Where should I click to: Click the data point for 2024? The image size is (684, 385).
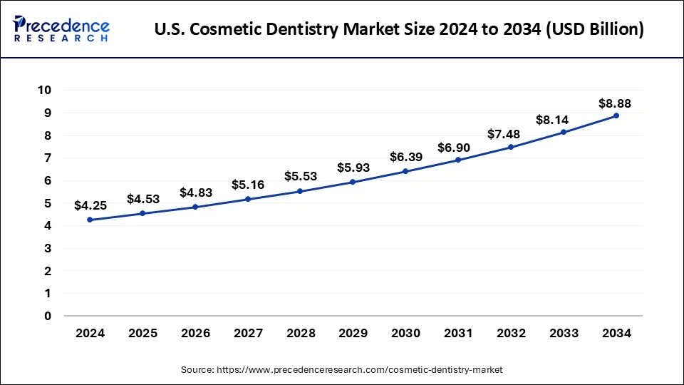89,220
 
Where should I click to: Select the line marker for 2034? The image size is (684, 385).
616,115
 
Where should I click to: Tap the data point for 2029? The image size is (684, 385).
352,182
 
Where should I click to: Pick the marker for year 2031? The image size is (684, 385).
457,160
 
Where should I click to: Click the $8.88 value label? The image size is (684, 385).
614,103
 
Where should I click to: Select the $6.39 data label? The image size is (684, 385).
405,157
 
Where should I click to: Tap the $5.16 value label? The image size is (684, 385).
247,185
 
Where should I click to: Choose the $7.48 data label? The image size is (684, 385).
510,134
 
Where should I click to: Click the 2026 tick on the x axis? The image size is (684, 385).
195,332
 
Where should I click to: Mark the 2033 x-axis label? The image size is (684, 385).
563,332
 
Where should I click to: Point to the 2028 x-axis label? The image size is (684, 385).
299,332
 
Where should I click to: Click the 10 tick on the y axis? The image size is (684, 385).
44,90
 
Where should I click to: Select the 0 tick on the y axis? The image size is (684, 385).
47,316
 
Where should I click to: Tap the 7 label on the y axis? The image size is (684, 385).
47,158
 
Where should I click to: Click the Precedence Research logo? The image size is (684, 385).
61,29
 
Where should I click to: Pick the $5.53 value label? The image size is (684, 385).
300,175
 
